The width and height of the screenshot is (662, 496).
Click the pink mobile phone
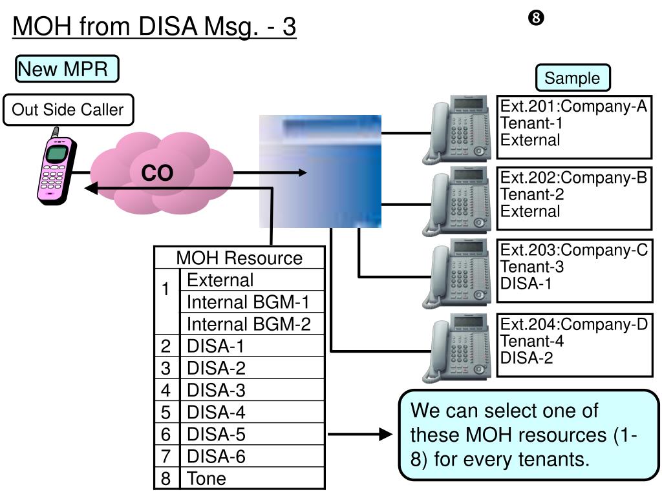tap(57, 168)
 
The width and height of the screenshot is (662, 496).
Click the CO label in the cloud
tap(157, 173)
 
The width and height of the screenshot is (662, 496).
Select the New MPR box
tap(67, 68)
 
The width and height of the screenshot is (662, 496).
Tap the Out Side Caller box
tap(68, 110)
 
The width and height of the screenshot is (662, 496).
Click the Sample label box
tap(573, 77)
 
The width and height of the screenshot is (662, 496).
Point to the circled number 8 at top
tap(536, 17)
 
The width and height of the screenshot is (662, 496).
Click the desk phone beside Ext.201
tap(457, 129)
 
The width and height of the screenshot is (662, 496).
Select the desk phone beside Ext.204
tap(457, 347)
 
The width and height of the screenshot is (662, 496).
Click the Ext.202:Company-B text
tap(573, 178)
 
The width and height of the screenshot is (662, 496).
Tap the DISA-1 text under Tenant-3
tap(526, 284)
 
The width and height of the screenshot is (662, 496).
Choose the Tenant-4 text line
tap(532, 341)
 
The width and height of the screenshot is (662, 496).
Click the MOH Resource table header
tap(239, 258)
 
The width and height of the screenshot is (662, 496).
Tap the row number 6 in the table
tap(166, 435)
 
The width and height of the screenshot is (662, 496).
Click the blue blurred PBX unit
tap(321, 171)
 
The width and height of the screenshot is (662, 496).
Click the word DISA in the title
tap(168, 26)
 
